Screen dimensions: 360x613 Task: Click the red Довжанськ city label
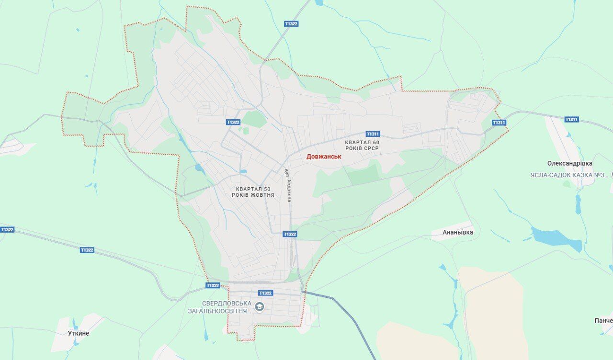pos(324,157)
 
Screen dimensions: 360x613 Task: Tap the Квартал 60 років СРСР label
pos(362,146)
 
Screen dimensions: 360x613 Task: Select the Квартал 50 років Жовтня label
pos(253,192)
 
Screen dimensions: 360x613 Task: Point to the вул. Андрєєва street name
pos(287,185)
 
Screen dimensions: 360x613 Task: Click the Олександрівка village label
pos(569,163)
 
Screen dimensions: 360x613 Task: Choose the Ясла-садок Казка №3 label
pos(568,175)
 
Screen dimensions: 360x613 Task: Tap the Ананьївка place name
pos(458,232)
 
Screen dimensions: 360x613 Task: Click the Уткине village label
pos(79,333)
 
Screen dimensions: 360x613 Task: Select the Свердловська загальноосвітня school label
pos(227,307)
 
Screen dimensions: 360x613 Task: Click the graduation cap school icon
pos(259,306)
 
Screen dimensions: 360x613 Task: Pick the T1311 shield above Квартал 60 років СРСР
pos(373,134)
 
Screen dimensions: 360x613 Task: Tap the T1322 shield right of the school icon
pos(265,293)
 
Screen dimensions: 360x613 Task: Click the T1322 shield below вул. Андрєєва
pos(289,234)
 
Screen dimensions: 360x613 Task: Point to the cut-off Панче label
pos(603,320)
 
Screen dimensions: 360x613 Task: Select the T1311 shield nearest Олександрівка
pos(571,120)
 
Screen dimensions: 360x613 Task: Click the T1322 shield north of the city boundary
pos(291,23)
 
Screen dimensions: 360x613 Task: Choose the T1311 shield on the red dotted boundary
pos(499,123)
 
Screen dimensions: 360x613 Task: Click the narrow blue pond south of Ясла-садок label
pos(578,204)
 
